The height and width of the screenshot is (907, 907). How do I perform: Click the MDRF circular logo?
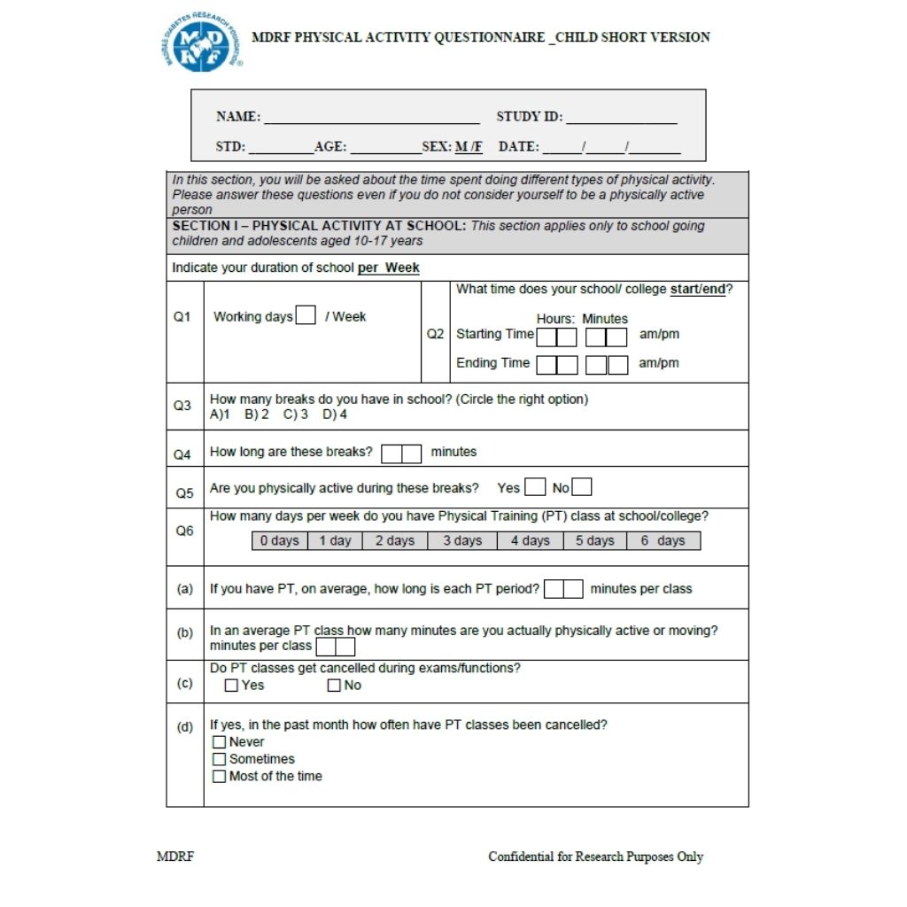click(x=202, y=43)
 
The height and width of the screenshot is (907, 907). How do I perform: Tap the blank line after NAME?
click(x=372, y=119)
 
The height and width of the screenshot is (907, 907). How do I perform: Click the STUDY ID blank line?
click(x=622, y=119)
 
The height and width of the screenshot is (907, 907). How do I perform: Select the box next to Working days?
click(x=306, y=315)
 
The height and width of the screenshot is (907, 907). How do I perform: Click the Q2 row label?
click(x=435, y=334)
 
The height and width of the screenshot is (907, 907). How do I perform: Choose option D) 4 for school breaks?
click(x=335, y=415)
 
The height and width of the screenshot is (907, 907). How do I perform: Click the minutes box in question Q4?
click(x=401, y=453)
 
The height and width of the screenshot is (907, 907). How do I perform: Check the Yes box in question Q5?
click(x=535, y=487)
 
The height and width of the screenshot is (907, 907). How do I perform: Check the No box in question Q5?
click(x=582, y=487)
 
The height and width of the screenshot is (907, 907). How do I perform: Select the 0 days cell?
click(x=279, y=540)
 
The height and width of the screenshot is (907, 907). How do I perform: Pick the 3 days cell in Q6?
click(x=462, y=540)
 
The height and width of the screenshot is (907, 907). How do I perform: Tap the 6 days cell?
click(x=663, y=540)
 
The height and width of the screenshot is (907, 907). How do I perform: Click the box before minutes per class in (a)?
click(x=563, y=589)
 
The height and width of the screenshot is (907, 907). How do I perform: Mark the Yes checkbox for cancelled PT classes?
click(x=231, y=686)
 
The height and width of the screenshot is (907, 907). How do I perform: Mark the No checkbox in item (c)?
click(x=334, y=686)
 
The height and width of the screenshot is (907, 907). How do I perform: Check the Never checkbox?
click(x=219, y=742)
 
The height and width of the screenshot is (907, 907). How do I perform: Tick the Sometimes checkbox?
click(x=219, y=759)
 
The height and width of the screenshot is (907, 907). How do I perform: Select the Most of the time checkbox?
click(x=219, y=777)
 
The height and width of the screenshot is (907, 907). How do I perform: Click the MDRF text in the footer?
click(x=175, y=857)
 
